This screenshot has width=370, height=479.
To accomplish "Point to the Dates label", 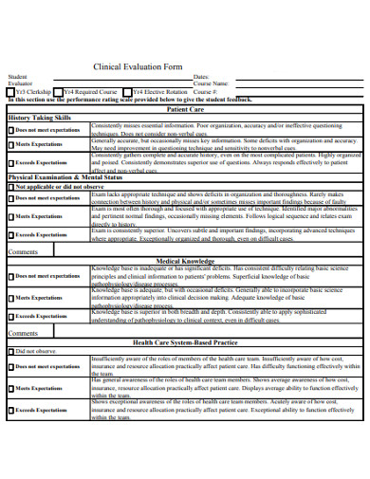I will coord(200,77).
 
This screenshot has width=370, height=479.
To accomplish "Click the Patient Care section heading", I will coord(185,109).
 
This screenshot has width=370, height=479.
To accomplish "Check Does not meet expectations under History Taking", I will coord(11,129).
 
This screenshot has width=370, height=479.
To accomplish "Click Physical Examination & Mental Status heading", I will coord(65,177).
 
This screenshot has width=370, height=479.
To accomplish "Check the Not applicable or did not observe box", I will coord(11,187).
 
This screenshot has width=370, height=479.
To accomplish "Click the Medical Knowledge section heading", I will coord(185,259).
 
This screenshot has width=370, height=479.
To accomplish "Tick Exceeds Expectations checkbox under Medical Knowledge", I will coord(11,316).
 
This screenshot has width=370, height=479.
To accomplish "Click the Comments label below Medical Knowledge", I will coord(23,333).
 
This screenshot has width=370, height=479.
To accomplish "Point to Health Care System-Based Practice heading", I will coord(185,341).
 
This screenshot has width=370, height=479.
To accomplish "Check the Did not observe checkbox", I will coord(11,351).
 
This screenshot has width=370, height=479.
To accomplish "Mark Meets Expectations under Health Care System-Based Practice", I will coord(11,388).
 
